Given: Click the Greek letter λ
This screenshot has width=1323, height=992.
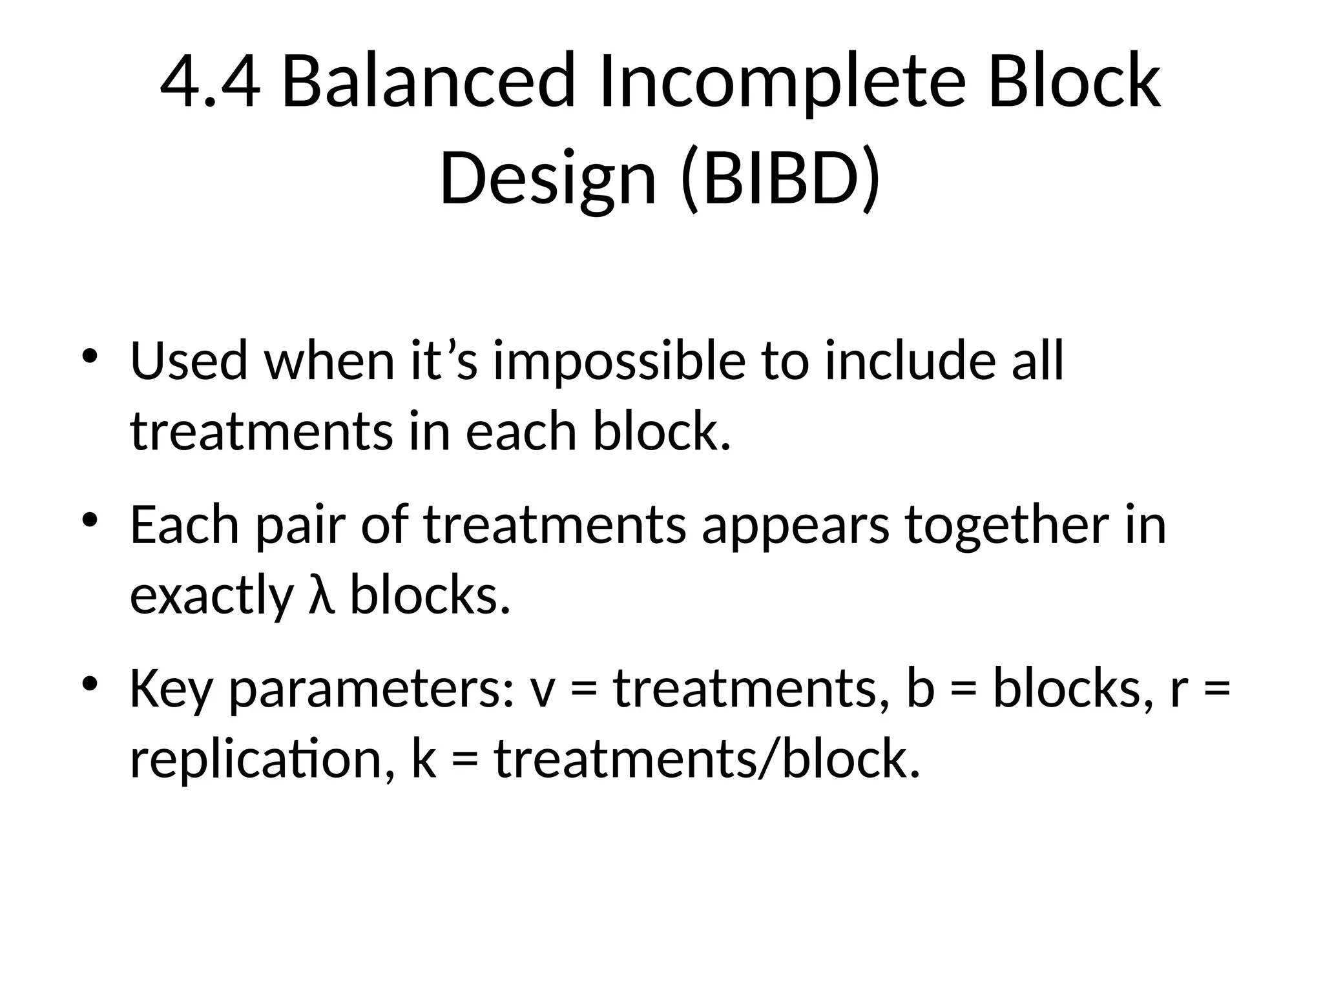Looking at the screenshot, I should (321, 595).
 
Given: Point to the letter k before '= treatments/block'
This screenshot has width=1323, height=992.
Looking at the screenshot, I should (423, 759).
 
